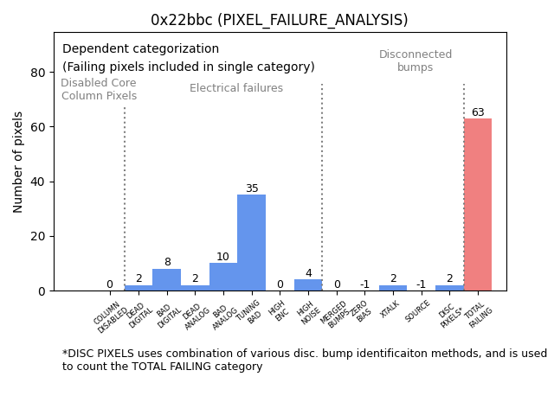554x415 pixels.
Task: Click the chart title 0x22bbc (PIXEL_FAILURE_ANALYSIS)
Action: (279, 20)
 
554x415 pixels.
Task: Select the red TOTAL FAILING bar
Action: (477, 205)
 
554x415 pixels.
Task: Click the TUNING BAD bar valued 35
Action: (251, 243)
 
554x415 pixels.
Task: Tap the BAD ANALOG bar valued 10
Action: (223, 277)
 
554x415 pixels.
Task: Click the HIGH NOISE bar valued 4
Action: (308, 285)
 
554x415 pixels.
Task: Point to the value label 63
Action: (478, 112)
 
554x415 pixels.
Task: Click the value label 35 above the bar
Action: (251, 188)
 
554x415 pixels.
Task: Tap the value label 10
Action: (223, 257)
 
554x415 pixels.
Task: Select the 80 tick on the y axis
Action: (37, 73)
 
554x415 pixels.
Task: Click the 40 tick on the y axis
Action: (37, 182)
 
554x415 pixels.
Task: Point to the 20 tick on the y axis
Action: (37, 236)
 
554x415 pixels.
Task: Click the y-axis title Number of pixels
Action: (19, 162)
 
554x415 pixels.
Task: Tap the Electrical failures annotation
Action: (236, 88)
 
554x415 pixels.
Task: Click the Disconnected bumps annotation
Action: (415, 61)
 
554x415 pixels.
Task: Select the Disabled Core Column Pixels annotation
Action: (99, 89)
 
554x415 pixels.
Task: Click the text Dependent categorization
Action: (140, 49)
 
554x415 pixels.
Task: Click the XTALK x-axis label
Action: (390, 309)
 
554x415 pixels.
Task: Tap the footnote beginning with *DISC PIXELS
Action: (304, 360)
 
